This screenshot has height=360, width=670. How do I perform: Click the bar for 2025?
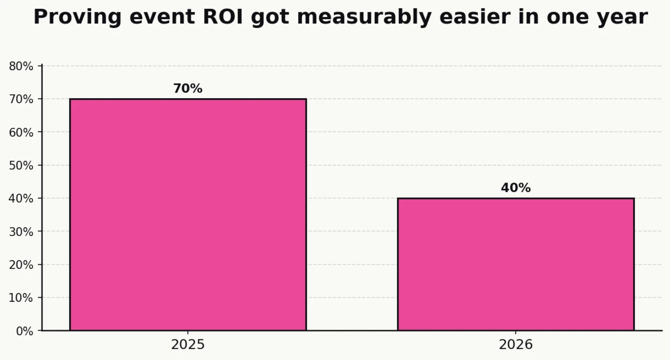click(188, 214)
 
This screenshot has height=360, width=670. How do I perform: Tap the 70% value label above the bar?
click(188, 89)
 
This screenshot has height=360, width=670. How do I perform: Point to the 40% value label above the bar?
click(515, 188)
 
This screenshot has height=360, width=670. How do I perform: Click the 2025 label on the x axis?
click(188, 344)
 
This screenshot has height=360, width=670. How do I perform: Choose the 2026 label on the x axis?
click(515, 344)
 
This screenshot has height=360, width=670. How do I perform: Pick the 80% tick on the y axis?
click(21, 66)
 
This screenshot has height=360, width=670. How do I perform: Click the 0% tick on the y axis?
click(25, 331)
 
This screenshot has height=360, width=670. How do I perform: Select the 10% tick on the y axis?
click(21, 297)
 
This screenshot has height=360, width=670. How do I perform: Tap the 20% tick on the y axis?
click(21, 265)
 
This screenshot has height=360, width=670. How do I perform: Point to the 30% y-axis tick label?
click(21, 232)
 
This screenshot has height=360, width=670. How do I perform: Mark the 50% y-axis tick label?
click(21, 166)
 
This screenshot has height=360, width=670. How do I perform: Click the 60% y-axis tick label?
click(21, 132)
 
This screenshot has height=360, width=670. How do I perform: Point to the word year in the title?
click(623, 17)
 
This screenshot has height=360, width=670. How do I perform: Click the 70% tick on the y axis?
click(21, 99)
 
